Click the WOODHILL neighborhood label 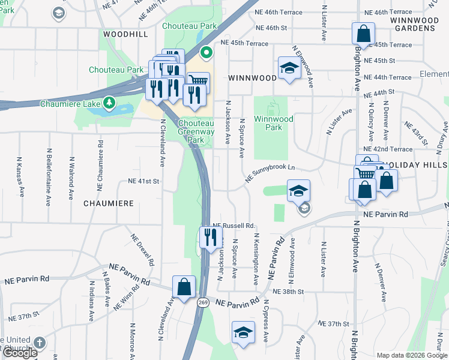125,35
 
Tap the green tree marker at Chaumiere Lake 109,103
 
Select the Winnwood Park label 273,123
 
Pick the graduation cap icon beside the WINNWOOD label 289,68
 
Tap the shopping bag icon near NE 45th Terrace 364,33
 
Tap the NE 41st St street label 143,181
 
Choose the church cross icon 39,343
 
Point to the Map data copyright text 411,355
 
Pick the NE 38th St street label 288,291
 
